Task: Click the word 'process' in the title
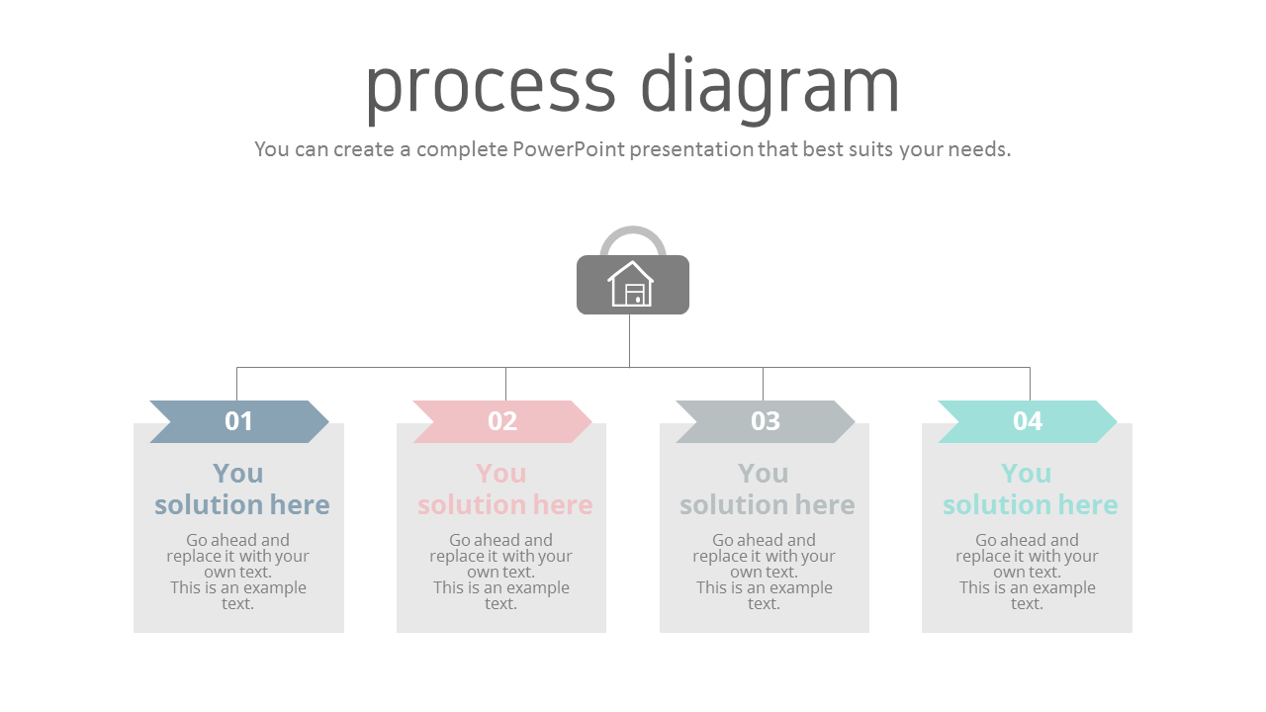pyautogui.click(x=491, y=87)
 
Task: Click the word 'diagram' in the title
pyautogui.click(x=770, y=87)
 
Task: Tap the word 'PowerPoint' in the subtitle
pyautogui.click(x=569, y=149)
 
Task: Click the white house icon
pyautogui.click(x=631, y=285)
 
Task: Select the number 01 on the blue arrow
pyautogui.click(x=239, y=421)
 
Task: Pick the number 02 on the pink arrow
pyautogui.click(x=502, y=421)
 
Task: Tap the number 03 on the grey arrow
pyautogui.click(x=766, y=421)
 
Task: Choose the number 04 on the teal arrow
pyautogui.click(x=1028, y=421)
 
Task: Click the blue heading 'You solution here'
pyautogui.click(x=240, y=489)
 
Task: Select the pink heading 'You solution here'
pyautogui.click(x=503, y=489)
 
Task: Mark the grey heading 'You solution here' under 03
pyautogui.click(x=766, y=489)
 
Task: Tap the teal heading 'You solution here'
pyautogui.click(x=1029, y=489)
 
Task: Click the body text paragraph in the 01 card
pyautogui.click(x=238, y=572)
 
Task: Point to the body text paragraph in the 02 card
pyautogui.click(x=501, y=572)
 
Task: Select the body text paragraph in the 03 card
pyautogui.click(x=765, y=572)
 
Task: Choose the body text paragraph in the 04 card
pyautogui.click(x=1027, y=572)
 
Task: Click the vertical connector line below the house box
pyautogui.click(x=629, y=341)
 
